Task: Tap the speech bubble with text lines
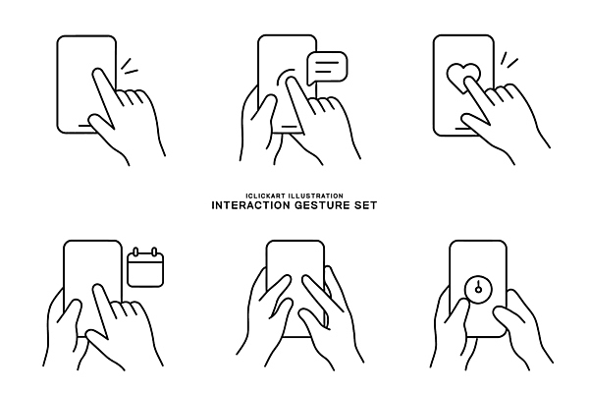(x=327, y=68)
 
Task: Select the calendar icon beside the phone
(x=145, y=267)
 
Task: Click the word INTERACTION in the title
(x=251, y=205)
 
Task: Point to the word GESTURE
(x=322, y=205)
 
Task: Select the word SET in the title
(x=365, y=205)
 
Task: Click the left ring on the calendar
(x=136, y=252)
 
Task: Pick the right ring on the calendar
(x=154, y=252)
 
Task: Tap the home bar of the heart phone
(x=462, y=129)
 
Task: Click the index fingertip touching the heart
(x=468, y=81)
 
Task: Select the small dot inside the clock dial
(x=478, y=289)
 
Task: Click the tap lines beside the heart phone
(x=509, y=60)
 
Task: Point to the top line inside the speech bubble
(x=327, y=63)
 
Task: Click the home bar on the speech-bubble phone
(x=289, y=127)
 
